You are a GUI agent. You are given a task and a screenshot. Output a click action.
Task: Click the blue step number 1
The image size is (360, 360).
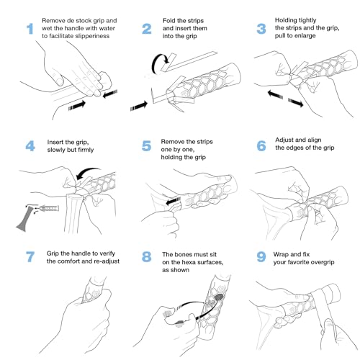30,29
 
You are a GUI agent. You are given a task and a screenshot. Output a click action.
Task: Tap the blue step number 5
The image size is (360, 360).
146,146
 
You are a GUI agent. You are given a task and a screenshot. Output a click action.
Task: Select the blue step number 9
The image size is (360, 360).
261,256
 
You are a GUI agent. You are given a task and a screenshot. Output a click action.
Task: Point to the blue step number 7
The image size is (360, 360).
30,256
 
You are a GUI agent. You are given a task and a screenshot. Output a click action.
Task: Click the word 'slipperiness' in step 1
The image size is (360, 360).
92,36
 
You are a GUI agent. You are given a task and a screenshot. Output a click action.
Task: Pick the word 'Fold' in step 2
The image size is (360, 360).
169,21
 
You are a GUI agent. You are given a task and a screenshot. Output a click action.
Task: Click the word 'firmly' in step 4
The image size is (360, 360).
86,150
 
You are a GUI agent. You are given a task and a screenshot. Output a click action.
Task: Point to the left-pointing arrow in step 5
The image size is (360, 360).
173,201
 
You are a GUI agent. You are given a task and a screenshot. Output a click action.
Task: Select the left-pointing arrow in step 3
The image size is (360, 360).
275,94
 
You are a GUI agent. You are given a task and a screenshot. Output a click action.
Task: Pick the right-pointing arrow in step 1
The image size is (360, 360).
77,106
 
